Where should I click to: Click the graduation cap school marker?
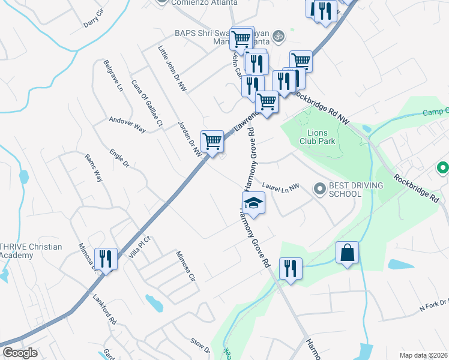(253, 203)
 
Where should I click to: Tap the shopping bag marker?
(348, 253)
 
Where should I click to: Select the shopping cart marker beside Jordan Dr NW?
(212, 142)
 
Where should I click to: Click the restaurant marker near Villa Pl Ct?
(106, 259)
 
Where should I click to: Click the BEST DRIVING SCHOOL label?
(356, 190)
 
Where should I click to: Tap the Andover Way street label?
(127, 125)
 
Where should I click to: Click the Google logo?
(20, 353)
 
